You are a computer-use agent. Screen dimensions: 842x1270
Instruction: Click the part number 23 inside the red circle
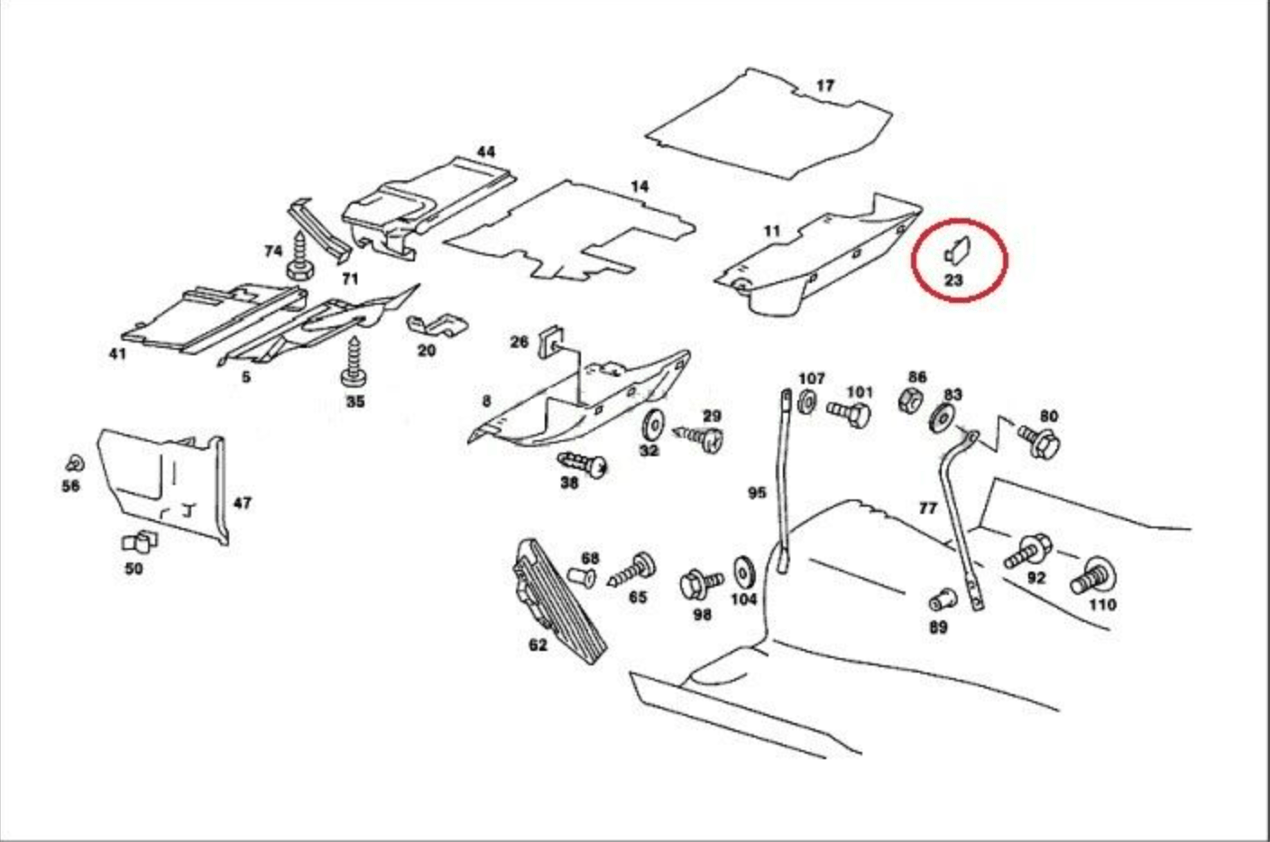953,280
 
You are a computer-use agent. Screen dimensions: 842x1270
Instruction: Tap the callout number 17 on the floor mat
824,87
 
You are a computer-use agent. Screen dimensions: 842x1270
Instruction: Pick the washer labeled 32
650,424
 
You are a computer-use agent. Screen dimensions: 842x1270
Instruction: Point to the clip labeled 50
138,542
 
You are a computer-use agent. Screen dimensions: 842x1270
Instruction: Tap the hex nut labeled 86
912,399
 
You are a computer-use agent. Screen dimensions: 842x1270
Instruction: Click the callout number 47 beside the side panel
242,503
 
